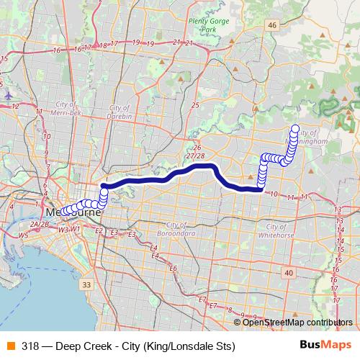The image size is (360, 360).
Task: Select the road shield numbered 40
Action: point(288,273)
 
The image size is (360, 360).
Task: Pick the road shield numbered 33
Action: point(86,286)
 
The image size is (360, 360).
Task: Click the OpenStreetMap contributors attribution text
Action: point(297,322)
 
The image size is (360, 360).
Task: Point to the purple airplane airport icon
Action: point(7,94)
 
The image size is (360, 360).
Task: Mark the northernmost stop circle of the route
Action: point(294,130)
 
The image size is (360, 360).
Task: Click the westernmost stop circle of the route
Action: point(63,212)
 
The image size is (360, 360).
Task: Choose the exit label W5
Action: point(23,235)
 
